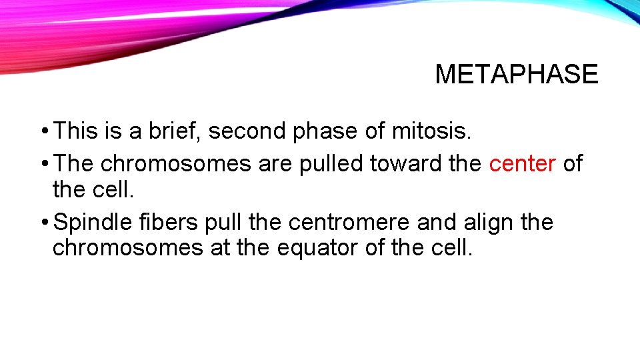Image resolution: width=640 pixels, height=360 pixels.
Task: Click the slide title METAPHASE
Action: click(x=517, y=74)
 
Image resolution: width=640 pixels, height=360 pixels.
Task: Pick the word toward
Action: click(x=404, y=163)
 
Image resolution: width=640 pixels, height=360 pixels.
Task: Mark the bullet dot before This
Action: click(x=43, y=131)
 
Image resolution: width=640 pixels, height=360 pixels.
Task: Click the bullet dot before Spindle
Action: click(x=43, y=223)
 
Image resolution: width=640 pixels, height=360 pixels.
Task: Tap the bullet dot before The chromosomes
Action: click(x=43, y=164)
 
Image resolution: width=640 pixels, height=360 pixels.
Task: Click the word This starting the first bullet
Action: click(x=76, y=131)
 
